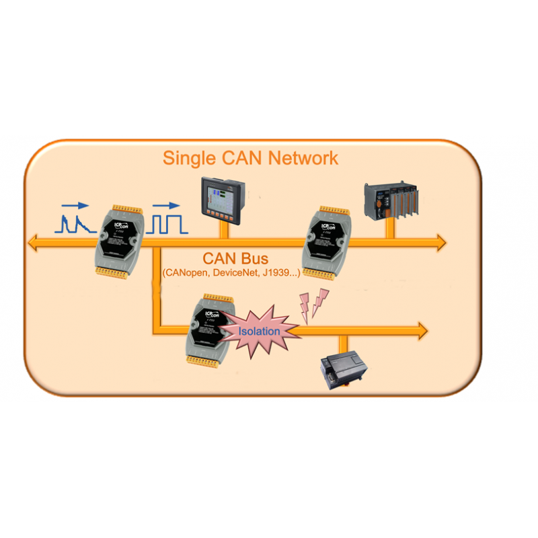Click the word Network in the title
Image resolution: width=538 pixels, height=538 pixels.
click(x=302, y=159)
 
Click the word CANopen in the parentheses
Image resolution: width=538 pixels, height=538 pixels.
click(x=188, y=274)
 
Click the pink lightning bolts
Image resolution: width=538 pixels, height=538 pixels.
click(x=315, y=301)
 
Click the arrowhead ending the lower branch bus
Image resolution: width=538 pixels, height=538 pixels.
click(x=421, y=330)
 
